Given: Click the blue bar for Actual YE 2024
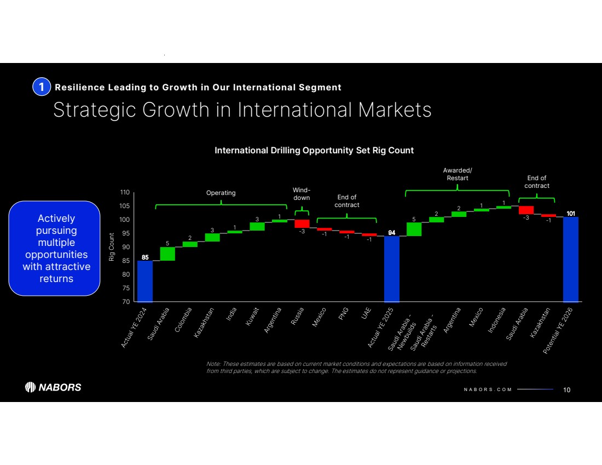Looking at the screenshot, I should coord(145,281).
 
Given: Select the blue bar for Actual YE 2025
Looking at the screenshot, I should coord(392,269).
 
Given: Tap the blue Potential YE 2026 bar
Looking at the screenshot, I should coord(571,259).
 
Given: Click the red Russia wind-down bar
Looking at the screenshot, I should coord(302,223).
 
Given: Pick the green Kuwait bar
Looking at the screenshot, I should coord(257,226).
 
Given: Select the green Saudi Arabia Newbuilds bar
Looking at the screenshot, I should coord(414,229).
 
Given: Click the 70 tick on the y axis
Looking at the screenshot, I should coord(125,302).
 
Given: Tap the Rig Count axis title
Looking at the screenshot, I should coord(112,247).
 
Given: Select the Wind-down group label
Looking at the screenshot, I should coord(302,194).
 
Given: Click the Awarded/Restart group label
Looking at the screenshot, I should coord(457,174).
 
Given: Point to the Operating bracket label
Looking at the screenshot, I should coord(221,193).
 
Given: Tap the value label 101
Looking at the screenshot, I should coord(571,214).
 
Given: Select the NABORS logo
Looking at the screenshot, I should coord(54,387).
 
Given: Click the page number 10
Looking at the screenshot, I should coord(566,389).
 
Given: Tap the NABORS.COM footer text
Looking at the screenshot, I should coord(484,389).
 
